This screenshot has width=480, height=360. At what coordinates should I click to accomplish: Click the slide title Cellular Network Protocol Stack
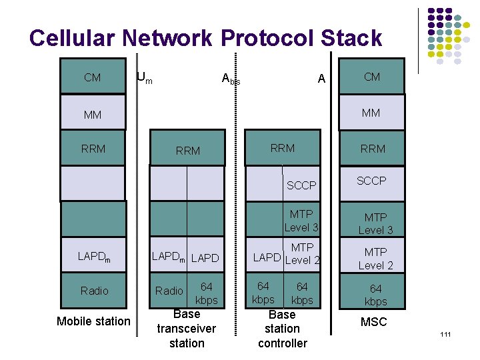point(205,38)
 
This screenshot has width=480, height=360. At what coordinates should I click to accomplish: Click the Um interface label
point(144,78)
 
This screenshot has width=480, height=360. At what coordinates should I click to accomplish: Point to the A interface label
point(321,79)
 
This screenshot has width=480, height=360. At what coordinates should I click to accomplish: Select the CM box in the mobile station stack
point(93,77)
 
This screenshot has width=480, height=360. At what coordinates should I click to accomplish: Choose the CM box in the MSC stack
point(372,77)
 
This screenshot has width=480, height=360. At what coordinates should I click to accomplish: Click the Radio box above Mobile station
point(94,291)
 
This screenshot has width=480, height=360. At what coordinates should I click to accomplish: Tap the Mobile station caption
point(93,321)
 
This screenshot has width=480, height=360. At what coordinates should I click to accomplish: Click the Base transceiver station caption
point(187,329)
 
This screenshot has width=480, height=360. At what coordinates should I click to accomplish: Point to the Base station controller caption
point(282,329)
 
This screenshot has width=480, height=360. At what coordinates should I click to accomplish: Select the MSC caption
point(373,322)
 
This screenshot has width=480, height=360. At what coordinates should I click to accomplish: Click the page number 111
point(445,333)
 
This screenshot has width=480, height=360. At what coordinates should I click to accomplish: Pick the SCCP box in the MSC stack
point(371,181)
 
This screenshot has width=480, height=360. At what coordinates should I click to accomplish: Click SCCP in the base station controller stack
point(301,185)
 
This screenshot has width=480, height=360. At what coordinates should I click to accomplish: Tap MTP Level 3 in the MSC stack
point(375,223)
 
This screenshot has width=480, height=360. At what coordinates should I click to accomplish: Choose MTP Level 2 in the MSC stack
point(375,258)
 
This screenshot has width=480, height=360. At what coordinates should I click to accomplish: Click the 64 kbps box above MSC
point(375,294)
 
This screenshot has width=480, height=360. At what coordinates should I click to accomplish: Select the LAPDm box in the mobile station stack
point(94,256)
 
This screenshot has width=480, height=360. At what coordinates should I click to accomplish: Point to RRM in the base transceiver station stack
point(187,151)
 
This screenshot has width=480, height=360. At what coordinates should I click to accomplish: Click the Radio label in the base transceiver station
point(169,291)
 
